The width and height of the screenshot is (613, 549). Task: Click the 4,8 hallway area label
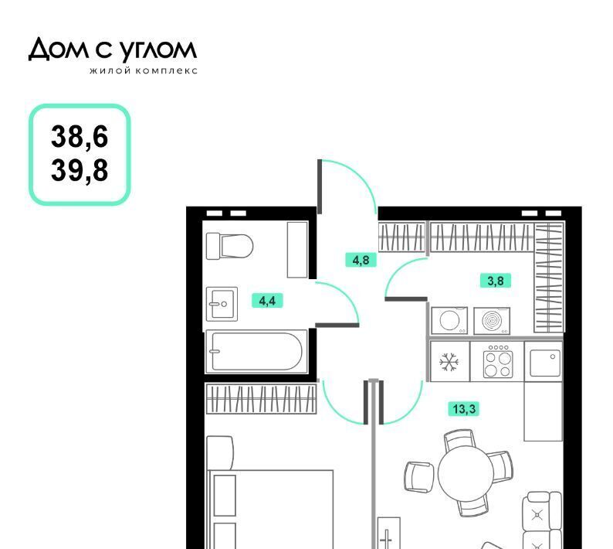[361, 260]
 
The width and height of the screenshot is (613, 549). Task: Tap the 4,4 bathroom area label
[267, 301]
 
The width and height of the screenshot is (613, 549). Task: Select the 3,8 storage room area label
[496, 281]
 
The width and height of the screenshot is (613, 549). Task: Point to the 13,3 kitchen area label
[464, 409]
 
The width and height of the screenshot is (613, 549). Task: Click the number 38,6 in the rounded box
[80, 137]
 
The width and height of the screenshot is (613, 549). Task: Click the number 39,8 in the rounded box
[80, 170]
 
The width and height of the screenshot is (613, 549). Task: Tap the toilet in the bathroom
[229, 246]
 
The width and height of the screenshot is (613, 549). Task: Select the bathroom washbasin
[222, 304]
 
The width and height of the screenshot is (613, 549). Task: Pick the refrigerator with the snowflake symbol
[449, 361]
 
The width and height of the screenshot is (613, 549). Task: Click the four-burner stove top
[497, 361]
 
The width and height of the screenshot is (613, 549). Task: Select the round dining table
[466, 474]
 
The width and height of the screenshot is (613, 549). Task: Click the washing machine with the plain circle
[449, 321]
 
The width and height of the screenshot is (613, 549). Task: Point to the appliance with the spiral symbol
[492, 321]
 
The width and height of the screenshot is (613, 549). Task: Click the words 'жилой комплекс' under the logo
[144, 71]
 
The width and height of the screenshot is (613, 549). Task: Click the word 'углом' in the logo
[157, 51]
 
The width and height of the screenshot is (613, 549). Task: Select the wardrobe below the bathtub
[261, 399]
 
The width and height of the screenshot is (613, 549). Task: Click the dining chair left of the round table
[418, 476]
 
